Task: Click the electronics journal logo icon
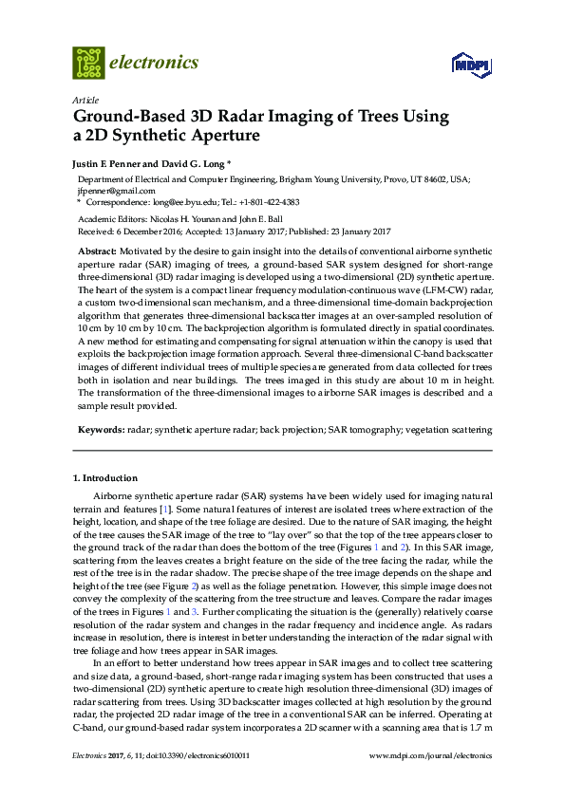click(x=88, y=63)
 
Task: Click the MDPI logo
click(x=472, y=65)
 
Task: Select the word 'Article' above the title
click(x=85, y=100)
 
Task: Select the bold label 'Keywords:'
click(x=99, y=431)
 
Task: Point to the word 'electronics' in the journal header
click(x=155, y=63)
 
